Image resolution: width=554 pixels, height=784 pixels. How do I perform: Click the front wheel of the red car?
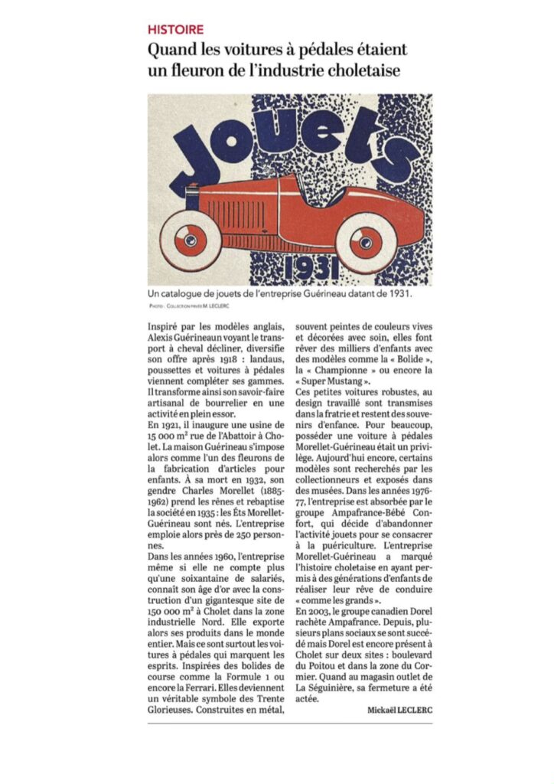pyautogui.click(x=367, y=242)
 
